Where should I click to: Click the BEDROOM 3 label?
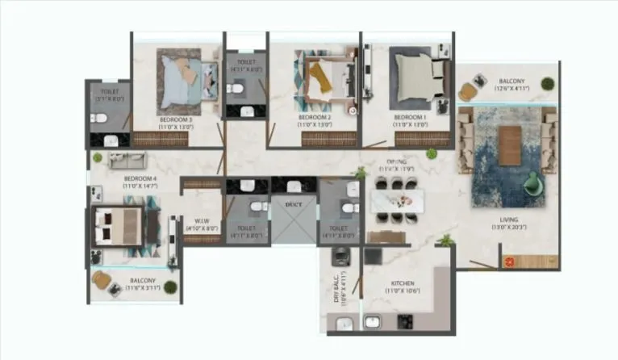pyautogui.click(x=175, y=119)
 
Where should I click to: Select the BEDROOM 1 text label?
pyautogui.click(x=410, y=119)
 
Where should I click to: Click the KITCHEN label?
pyautogui.click(x=403, y=284)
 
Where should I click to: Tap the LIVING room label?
pyautogui.click(x=508, y=220)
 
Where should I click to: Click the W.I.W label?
pyautogui.click(x=202, y=219)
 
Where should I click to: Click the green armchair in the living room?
pyautogui.click(x=533, y=184)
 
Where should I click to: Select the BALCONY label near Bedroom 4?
pyautogui.click(x=136, y=282)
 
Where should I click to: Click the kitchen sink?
pyautogui.click(x=373, y=323)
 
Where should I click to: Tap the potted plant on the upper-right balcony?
pyautogui.click(x=548, y=82)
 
